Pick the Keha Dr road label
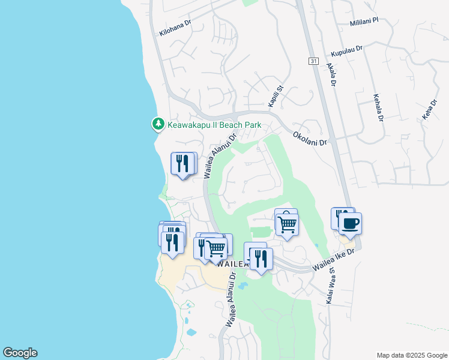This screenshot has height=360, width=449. click(428, 110)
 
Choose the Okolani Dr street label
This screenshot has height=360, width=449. click(310, 137)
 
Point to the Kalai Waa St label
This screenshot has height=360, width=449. click(330, 285)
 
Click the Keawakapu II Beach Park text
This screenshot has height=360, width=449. click(214, 125)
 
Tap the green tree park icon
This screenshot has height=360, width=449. click(158, 124)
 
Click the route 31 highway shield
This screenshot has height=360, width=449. click(313, 61)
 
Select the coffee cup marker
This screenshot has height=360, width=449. click(350, 224)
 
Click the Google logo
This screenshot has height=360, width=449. click(20, 353)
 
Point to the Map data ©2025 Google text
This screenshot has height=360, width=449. click(411, 355)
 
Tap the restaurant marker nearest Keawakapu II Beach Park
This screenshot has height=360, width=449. click(183, 163)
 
